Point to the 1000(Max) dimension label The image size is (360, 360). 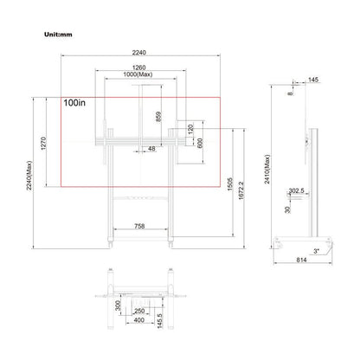[x=139, y=76]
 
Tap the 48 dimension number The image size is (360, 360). [x=151, y=150]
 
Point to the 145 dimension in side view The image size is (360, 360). [x=312, y=80]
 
